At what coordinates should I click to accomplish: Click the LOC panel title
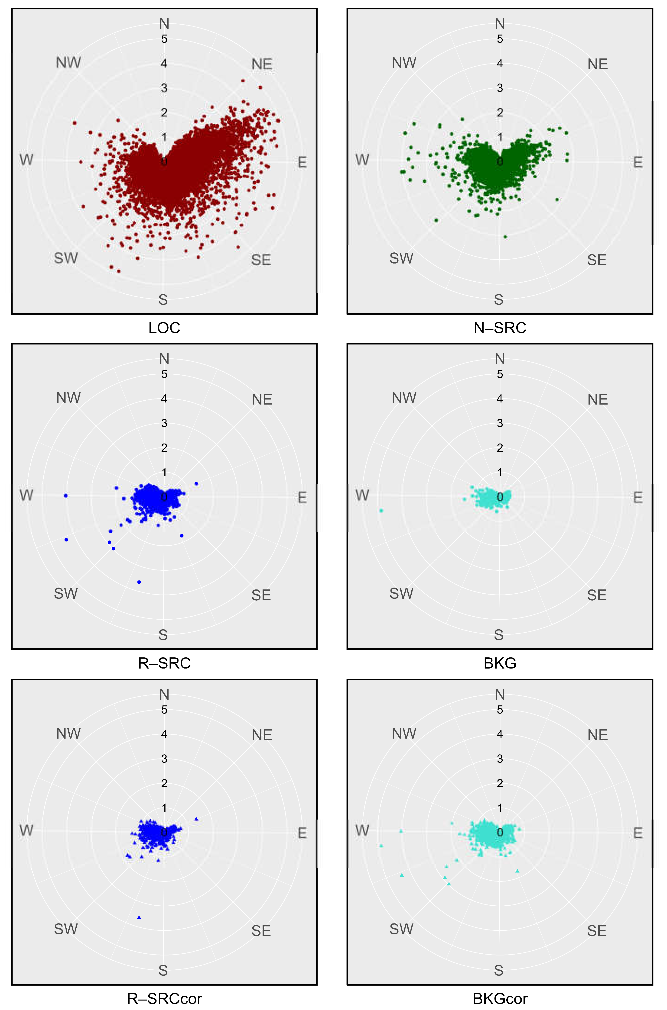(x=164, y=328)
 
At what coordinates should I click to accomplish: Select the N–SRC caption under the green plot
(x=500, y=328)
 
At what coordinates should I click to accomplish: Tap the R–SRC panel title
(x=164, y=663)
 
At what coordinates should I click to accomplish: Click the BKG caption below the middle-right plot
(x=500, y=663)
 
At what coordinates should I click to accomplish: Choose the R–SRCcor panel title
(x=164, y=998)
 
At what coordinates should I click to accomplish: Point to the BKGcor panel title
(x=500, y=998)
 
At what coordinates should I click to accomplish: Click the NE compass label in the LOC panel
(x=262, y=64)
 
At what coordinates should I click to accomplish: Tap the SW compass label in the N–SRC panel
(x=401, y=258)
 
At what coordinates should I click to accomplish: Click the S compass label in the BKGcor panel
(x=498, y=970)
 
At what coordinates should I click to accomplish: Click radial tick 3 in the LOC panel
(x=164, y=88)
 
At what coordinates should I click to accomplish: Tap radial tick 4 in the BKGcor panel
(x=500, y=734)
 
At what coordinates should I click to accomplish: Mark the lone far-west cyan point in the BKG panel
(x=381, y=510)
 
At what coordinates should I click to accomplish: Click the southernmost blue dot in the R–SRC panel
(x=139, y=582)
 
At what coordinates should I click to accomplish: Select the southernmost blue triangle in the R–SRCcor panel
(x=139, y=917)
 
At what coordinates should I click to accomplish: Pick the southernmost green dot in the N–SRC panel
(x=505, y=237)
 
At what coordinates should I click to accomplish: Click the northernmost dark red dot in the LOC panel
(x=243, y=80)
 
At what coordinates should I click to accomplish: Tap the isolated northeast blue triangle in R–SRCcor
(x=196, y=819)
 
